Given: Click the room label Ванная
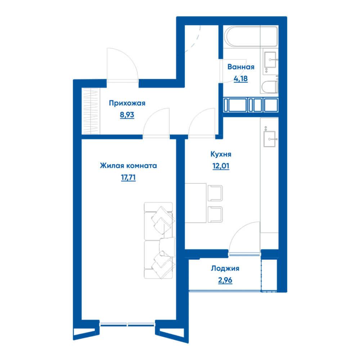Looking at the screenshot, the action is click(x=241, y=67).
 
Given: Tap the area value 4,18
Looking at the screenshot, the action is click(x=240, y=79).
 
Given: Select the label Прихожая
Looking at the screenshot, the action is click(x=127, y=103).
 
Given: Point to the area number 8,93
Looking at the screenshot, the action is click(x=127, y=115).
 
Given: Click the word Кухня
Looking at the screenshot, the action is click(x=221, y=154).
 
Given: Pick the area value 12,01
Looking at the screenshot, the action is click(x=221, y=166).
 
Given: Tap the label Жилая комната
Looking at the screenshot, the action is click(x=129, y=166).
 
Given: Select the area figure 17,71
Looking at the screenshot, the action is click(x=129, y=177).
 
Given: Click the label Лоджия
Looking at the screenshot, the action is click(x=225, y=268).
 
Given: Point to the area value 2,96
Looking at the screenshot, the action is click(x=225, y=280).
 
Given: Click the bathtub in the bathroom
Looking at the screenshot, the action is click(x=251, y=37).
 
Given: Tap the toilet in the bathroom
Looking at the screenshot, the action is click(x=270, y=86).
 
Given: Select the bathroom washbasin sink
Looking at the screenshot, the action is click(x=270, y=60).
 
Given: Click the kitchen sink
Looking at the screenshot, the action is click(x=270, y=139).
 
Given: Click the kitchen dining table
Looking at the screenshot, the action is click(x=195, y=203).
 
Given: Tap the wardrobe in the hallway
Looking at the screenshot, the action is click(x=91, y=111).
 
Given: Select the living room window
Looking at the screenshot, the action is click(x=127, y=324).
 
